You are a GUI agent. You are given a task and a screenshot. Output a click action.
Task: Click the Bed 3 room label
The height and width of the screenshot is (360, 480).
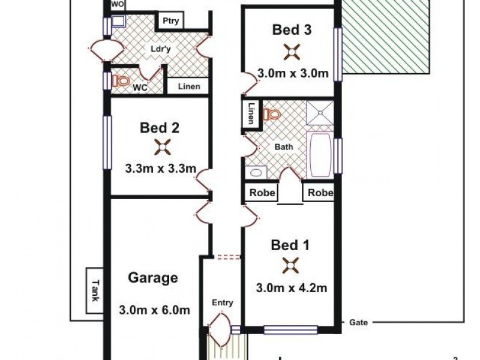click(292, 29)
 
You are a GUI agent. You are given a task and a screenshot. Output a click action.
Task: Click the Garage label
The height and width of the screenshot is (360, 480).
click(153, 278)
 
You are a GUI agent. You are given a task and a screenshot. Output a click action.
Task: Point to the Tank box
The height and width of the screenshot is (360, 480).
click(94, 290)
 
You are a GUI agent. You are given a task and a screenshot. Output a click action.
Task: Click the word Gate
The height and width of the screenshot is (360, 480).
click(358, 322)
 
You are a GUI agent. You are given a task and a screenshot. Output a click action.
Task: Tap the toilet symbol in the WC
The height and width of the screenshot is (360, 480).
click(122, 80)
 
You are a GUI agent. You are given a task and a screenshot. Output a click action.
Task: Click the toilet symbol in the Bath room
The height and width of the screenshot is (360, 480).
click(272, 113)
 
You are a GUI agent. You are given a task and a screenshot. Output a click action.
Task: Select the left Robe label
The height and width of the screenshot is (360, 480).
click(259, 193)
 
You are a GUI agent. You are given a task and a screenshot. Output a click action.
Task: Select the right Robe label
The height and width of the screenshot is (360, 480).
click(318, 193)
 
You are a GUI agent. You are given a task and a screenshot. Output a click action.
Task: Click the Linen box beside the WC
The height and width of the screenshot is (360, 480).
click(187, 86)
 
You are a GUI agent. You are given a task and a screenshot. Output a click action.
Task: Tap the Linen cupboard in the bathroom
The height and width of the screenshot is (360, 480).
click(251, 114)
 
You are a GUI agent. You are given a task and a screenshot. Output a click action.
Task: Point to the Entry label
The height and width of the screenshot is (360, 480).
click(222, 303)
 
